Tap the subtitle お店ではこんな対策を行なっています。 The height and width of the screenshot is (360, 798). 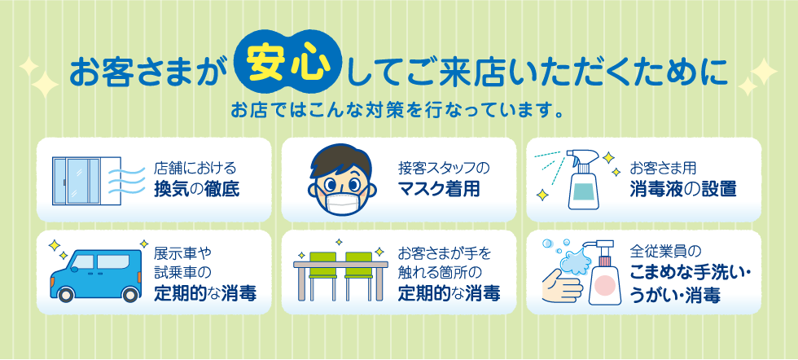point(398,110)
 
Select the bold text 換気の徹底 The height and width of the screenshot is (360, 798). point(197,190)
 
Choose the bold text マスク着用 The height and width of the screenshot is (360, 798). point(439,190)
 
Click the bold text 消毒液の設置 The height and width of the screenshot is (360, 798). point(682,190)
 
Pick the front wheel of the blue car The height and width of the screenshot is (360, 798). point(66,295)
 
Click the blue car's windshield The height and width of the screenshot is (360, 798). point(81,262)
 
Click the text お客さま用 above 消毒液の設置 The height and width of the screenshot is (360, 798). point(663,168)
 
